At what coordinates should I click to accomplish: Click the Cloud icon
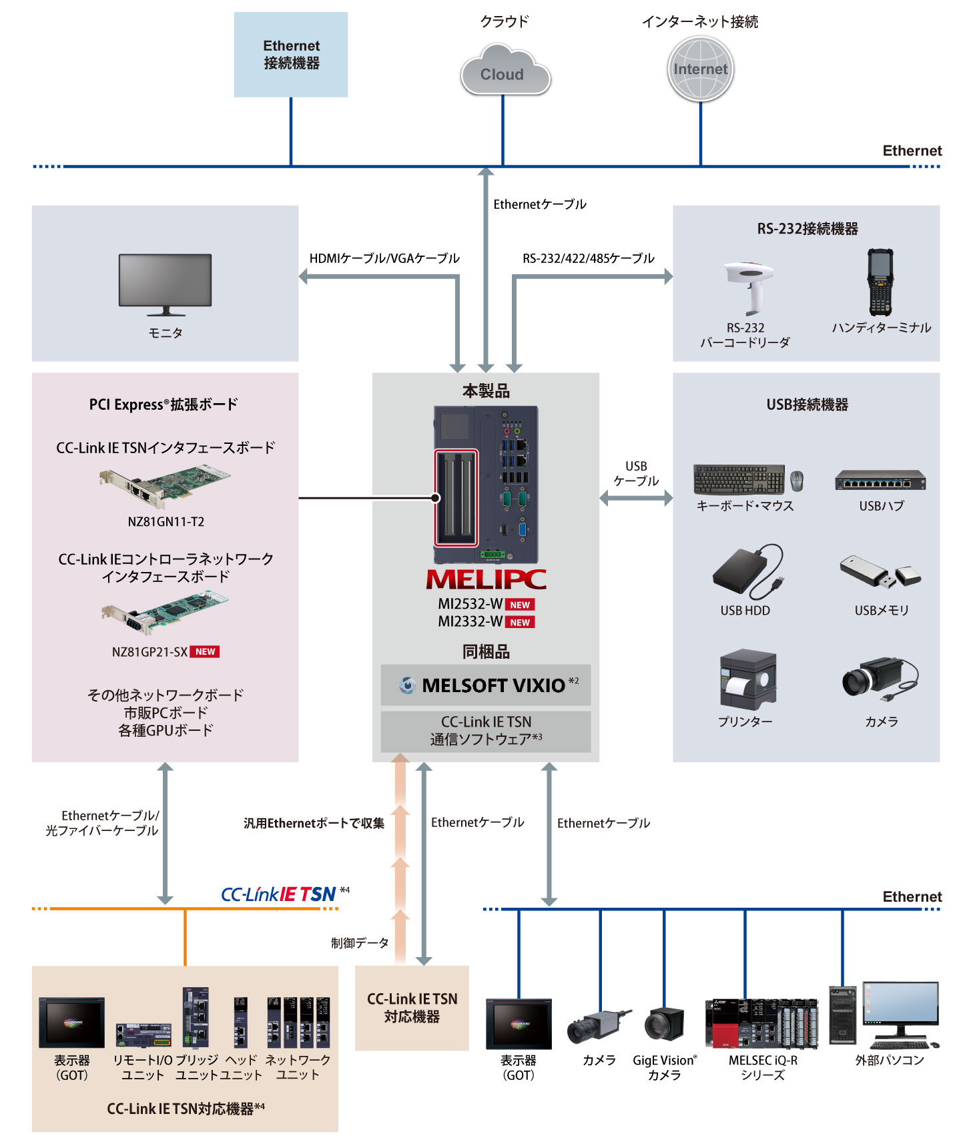pyautogui.click(x=505, y=71)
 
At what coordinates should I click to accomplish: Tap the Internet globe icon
pyautogui.click(x=700, y=69)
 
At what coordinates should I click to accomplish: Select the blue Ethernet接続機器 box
pyautogui.click(x=291, y=55)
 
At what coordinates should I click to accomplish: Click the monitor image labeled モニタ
pyautogui.click(x=165, y=284)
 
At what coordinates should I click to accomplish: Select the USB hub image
pyautogui.click(x=880, y=480)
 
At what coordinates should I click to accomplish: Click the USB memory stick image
pyautogui.click(x=880, y=573)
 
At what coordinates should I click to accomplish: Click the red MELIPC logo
pyautogui.click(x=486, y=579)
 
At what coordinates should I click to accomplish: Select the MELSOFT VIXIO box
pyautogui.click(x=486, y=685)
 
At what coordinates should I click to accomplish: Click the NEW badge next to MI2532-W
pyautogui.click(x=520, y=605)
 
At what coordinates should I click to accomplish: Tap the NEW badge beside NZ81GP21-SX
pyautogui.click(x=205, y=651)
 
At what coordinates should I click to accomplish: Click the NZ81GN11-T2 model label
pyautogui.click(x=166, y=521)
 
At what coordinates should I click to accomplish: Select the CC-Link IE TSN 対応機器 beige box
pyautogui.click(x=412, y=1008)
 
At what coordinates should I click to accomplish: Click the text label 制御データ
pyautogui.click(x=360, y=942)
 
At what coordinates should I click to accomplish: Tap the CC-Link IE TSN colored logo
pyautogui.click(x=278, y=894)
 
